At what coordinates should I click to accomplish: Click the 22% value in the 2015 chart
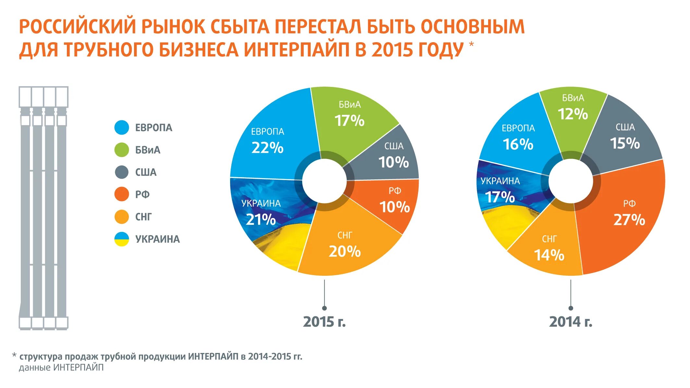click(x=267, y=148)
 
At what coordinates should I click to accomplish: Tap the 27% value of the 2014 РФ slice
click(x=629, y=220)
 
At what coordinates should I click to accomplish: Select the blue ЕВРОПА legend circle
click(x=122, y=127)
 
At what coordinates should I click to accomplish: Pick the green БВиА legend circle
click(x=122, y=150)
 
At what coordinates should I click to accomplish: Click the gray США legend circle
click(x=122, y=172)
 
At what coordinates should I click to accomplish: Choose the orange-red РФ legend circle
click(x=122, y=194)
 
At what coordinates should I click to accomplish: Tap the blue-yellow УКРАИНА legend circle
click(x=122, y=239)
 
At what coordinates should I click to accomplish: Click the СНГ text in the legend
click(x=143, y=217)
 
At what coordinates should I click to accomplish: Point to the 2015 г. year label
click(x=324, y=322)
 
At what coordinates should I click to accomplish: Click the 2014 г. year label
click(x=571, y=322)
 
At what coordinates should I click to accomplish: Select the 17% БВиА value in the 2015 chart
click(x=350, y=121)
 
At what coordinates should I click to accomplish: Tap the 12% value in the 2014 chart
click(x=573, y=114)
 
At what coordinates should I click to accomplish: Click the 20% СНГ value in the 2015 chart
click(x=345, y=251)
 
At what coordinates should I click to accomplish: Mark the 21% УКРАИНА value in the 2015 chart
click(x=261, y=220)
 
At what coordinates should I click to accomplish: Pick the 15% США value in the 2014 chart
click(x=625, y=143)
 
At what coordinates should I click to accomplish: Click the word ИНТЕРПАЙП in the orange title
click(x=296, y=50)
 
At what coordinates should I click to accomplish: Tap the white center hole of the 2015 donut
click(x=324, y=181)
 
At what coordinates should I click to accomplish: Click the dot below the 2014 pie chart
click(x=571, y=308)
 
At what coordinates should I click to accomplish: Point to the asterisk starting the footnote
click(x=14, y=356)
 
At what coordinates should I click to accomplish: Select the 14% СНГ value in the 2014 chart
click(x=549, y=255)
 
